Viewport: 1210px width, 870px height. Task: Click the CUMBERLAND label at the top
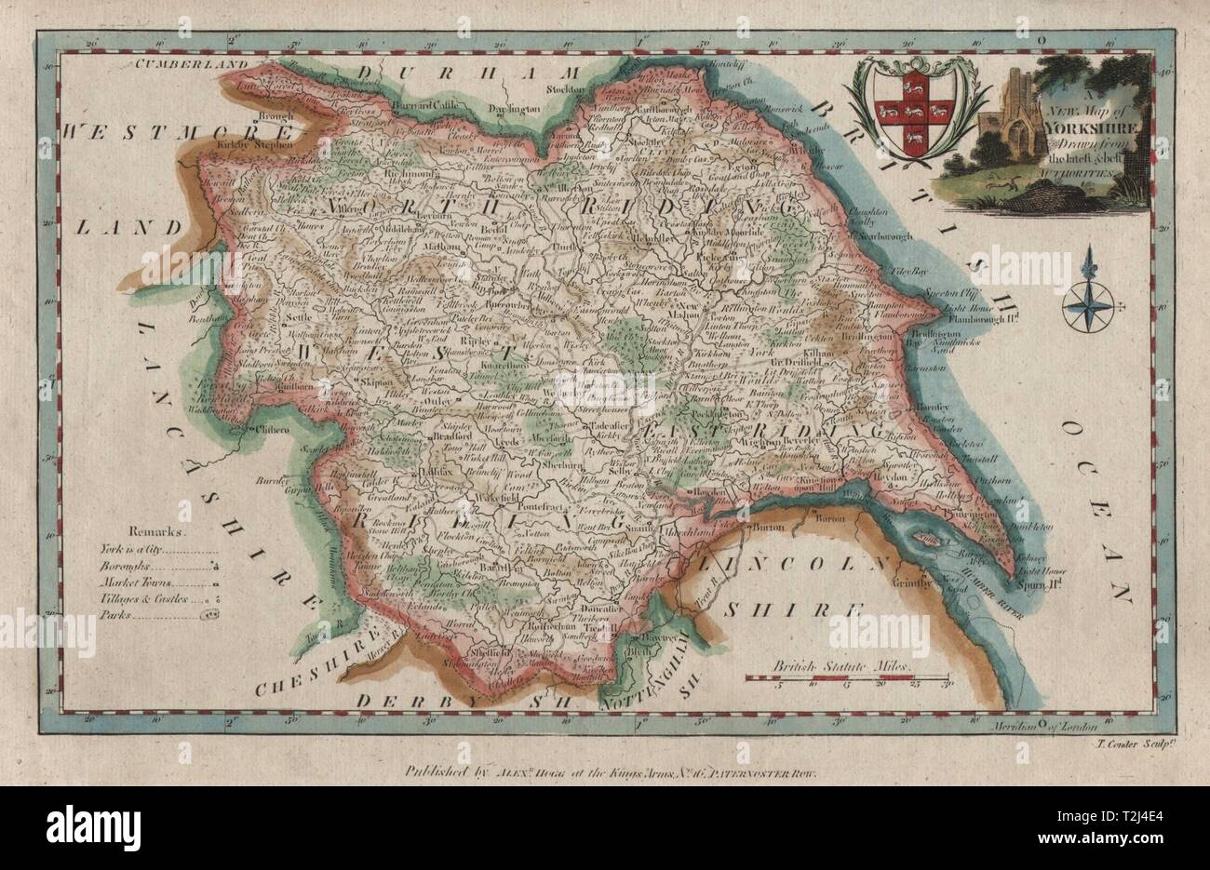(x=193, y=64)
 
